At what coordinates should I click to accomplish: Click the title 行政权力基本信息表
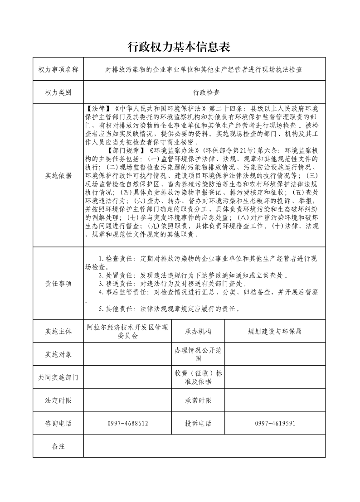tap(180, 47)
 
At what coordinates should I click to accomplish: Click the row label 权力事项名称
tap(58, 70)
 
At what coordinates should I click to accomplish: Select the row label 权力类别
tap(58, 92)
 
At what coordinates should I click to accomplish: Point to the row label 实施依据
tap(58, 176)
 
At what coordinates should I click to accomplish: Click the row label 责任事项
tap(58, 284)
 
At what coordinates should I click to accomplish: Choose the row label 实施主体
tap(58, 331)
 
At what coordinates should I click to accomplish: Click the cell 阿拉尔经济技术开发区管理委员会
tap(127, 331)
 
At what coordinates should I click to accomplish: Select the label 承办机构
tap(198, 331)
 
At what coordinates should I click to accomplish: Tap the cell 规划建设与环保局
tap(275, 331)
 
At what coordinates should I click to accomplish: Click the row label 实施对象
tap(58, 354)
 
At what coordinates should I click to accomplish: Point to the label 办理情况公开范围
tap(198, 354)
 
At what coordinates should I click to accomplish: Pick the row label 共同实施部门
tap(58, 377)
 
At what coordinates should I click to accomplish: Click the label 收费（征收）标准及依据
tap(198, 377)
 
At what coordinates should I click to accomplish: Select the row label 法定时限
tap(58, 401)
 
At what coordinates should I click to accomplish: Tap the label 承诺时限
tap(198, 401)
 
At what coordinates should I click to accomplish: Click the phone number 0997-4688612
tap(127, 424)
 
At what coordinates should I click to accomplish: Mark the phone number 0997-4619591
tap(275, 424)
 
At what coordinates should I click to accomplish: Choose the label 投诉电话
tap(198, 424)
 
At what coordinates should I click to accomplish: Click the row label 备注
tap(58, 447)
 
